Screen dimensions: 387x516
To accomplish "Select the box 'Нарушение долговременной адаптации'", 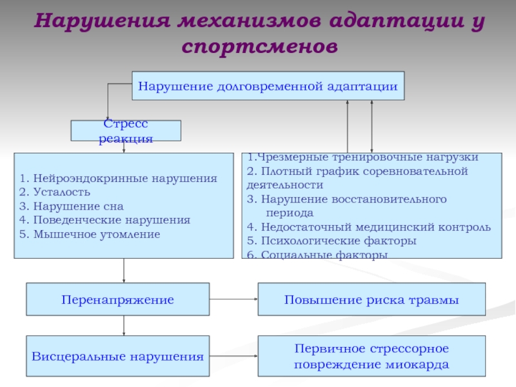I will pyautogui.click(x=268, y=85).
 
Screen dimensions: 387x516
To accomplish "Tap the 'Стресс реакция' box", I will pyautogui.click(x=126, y=130).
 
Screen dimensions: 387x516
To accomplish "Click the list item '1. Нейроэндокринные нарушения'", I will pyautogui.click(x=118, y=178).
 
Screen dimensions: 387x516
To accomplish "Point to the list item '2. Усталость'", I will pyautogui.click(x=55, y=192).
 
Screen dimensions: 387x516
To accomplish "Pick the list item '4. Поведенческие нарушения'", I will pyautogui.click(x=104, y=220).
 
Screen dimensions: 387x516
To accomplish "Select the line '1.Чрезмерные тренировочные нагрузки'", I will pyautogui.click(x=362, y=157).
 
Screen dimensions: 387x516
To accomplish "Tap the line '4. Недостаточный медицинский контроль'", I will pyautogui.click(x=369, y=227).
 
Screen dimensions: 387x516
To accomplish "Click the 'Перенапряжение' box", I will pyautogui.click(x=117, y=300).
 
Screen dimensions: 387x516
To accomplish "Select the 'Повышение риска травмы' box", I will pyautogui.click(x=372, y=300).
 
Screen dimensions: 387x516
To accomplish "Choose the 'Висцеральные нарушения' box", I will pyautogui.click(x=117, y=356).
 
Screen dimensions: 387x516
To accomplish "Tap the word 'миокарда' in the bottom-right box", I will pyautogui.click(x=413, y=364).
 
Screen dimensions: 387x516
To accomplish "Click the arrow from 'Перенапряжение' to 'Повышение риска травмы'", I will pyautogui.click(x=233, y=299).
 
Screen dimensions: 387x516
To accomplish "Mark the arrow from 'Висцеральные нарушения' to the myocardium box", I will pyautogui.click(x=233, y=355).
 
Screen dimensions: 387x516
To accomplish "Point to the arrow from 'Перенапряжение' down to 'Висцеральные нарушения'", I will pyautogui.click(x=124, y=326).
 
